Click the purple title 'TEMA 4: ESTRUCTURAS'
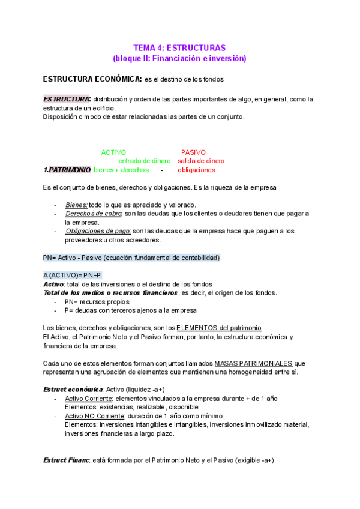click(179, 47)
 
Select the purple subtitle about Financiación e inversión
click(179, 58)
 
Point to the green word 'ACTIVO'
click(114, 152)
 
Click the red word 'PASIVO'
click(193, 152)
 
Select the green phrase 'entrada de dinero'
click(144, 161)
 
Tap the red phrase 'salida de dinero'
click(201, 161)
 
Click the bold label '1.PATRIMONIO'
click(67, 170)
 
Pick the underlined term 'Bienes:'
click(76, 205)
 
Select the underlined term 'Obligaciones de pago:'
click(98, 231)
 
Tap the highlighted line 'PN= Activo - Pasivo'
click(131, 258)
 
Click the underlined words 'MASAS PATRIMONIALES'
click(253, 363)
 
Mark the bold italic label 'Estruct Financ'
click(66, 460)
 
